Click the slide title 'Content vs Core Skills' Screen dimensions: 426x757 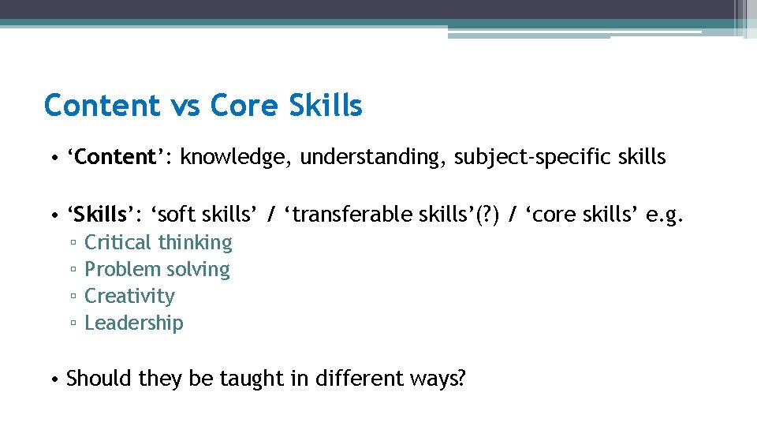tap(203, 105)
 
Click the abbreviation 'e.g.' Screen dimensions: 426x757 tap(666, 215)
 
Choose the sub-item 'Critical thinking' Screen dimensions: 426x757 tap(158, 243)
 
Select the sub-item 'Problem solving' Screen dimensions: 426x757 tap(157, 270)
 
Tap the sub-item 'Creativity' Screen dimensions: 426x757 tap(129, 296)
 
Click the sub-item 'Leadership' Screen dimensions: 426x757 tap(133, 323)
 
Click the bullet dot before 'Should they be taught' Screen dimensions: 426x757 tap(53, 379)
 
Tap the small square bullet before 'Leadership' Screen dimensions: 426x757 tap(72, 323)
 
